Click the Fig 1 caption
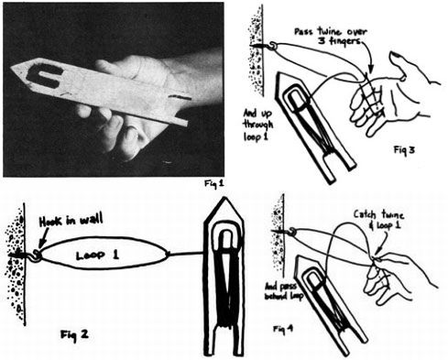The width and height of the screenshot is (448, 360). [213, 182]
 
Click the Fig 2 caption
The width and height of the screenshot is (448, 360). [72, 331]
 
